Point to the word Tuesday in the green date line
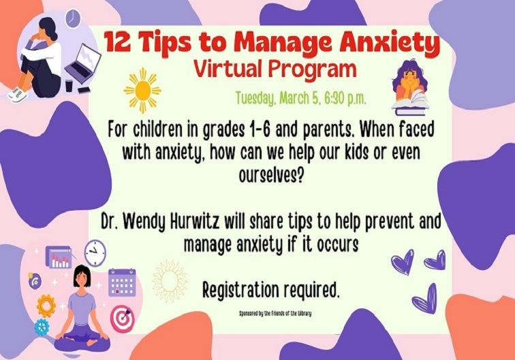(258, 97)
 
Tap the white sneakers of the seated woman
(18, 95)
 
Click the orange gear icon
(46, 303)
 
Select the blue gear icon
(42, 325)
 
